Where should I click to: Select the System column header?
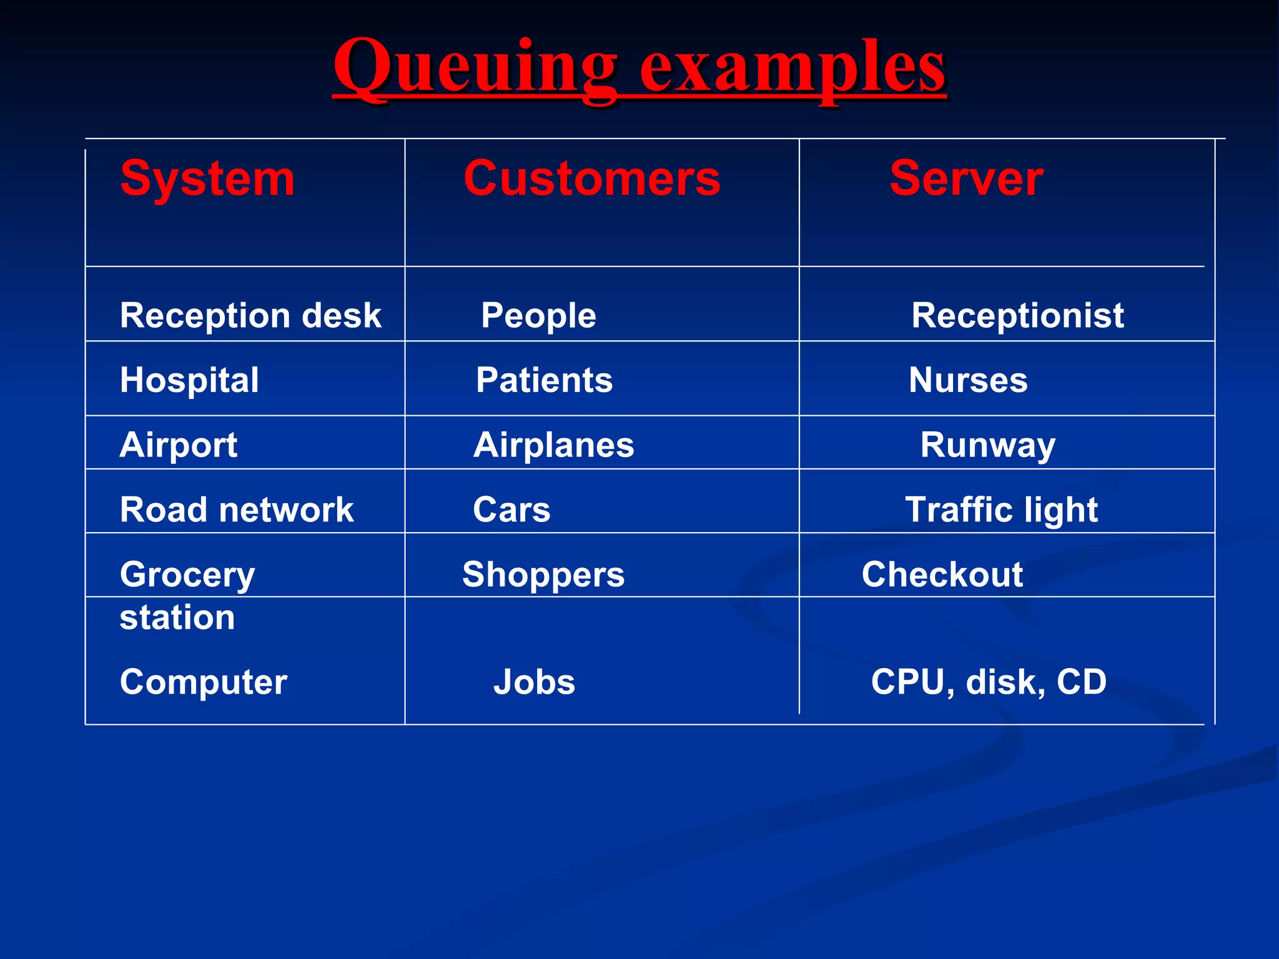click(207, 179)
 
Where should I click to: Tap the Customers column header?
click(591, 179)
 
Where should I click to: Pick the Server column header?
click(965, 179)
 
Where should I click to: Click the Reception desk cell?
click(250, 315)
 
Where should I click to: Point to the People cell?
click(538, 315)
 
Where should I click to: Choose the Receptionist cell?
click(1017, 315)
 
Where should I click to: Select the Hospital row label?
click(189, 380)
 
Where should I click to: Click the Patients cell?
click(544, 380)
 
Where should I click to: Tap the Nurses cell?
click(967, 380)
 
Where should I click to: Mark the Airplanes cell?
click(553, 445)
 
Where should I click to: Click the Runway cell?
click(987, 445)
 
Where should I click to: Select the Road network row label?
click(236, 510)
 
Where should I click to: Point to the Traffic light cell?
click(1001, 510)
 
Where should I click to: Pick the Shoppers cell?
click(543, 574)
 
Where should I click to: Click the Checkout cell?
click(942, 574)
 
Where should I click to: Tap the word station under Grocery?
click(177, 618)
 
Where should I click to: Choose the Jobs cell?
click(534, 682)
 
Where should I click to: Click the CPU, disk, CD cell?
click(988, 682)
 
